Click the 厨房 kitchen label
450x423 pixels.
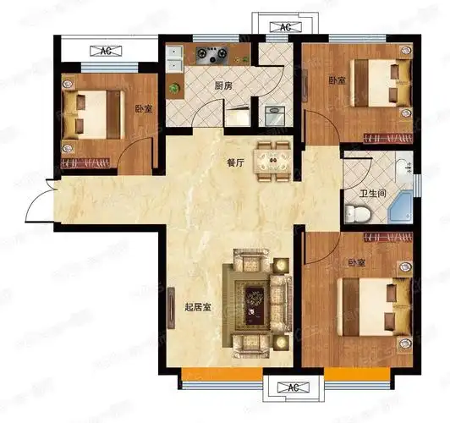pos(223,85)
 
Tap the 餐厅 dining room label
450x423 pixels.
pos(235,163)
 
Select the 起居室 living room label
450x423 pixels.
pos(198,308)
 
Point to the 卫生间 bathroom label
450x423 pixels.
pos(373,194)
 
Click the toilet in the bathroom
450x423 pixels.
pos(357,213)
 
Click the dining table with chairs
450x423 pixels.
pos(273,162)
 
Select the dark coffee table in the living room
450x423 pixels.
pos(255,306)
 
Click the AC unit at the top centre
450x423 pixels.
pos(286,27)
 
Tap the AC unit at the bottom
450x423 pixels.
pos(293,387)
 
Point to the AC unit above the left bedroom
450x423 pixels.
pos(106,52)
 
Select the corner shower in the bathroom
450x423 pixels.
pos(400,208)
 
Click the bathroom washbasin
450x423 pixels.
pos(404,166)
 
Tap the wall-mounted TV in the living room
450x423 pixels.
pos(171,309)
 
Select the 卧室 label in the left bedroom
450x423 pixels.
pos(144,109)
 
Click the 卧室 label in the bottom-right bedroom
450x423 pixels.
pos(357,262)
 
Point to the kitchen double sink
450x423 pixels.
pos(175,59)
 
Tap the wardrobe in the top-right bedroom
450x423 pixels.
pos(388,138)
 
